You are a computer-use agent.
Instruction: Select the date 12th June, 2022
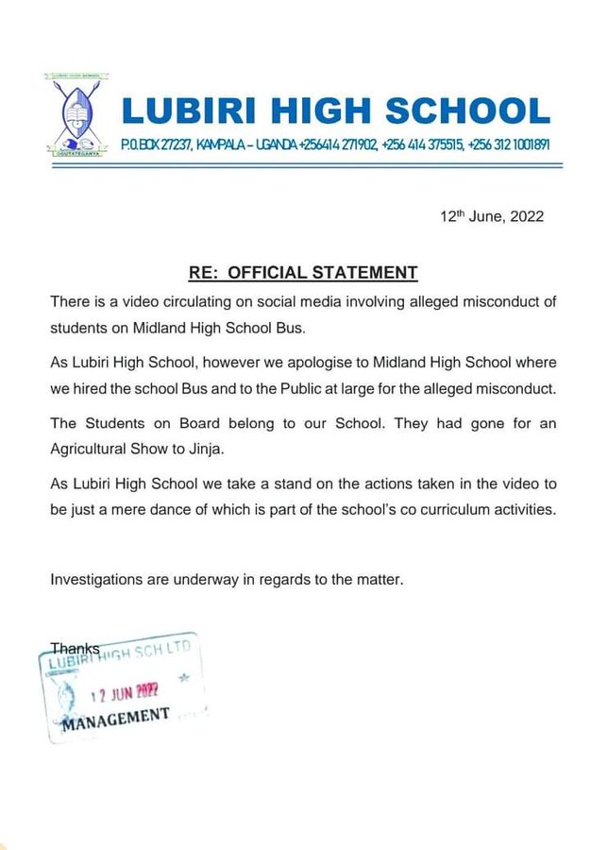492,216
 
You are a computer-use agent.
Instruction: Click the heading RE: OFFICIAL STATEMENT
303,274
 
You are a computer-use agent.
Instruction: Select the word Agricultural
93,449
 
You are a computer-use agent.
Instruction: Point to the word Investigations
96,578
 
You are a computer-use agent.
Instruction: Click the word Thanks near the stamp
75,650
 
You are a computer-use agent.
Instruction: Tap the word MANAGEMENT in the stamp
116,717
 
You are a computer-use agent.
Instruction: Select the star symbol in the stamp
183,678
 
